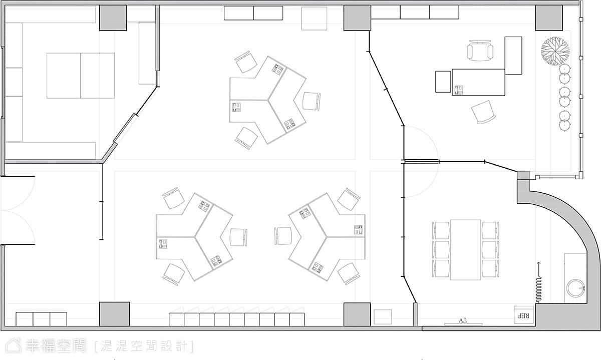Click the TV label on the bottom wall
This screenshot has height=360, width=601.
pyautogui.click(x=463, y=320)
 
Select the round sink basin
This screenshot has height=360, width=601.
pyautogui.click(x=575, y=288)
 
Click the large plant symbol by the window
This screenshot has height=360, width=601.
pyautogui.click(x=555, y=51)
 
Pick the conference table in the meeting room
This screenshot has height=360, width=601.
pyautogui.click(x=465, y=250)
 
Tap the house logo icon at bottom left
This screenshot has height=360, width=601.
pyautogui.click(x=14, y=345)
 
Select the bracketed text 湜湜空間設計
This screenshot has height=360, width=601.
pyautogui.click(x=144, y=346)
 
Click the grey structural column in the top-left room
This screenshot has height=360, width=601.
pyautogui.click(x=113, y=18)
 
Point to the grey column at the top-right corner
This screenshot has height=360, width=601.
pyautogui.click(x=549, y=18)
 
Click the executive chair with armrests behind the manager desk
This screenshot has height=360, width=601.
pyautogui.click(x=480, y=51)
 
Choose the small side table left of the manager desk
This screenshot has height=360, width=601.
pyautogui.click(x=443, y=82)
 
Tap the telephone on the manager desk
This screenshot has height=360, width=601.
pyautogui.click(x=459, y=90)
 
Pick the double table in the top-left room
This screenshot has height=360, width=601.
pyautogui.click(x=81, y=76)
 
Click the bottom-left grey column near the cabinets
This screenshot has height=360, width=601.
pyautogui.click(x=115, y=314)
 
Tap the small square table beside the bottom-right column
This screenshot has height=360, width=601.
pyautogui.click(x=383, y=317)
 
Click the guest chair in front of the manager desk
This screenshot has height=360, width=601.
pyautogui.click(x=483, y=112)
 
